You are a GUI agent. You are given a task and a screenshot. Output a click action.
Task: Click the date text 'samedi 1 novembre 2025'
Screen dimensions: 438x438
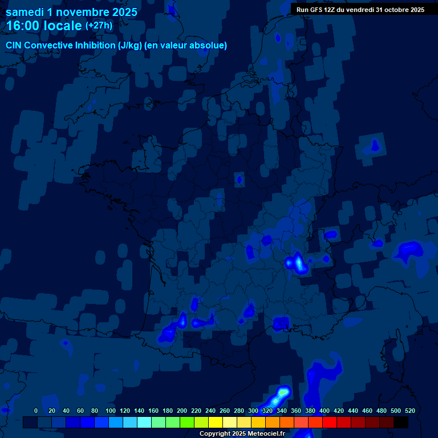[x=71, y=12]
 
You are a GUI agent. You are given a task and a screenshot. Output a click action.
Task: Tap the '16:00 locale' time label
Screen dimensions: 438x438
[x=44, y=26]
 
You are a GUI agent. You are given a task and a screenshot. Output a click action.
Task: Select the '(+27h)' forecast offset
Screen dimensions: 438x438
[x=99, y=26]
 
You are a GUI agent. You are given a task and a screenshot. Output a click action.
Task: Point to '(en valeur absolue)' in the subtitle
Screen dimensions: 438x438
[x=186, y=46]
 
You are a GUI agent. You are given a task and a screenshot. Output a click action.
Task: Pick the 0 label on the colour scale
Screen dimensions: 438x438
[x=36, y=411]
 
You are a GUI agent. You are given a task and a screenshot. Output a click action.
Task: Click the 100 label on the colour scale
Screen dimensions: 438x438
[x=111, y=411]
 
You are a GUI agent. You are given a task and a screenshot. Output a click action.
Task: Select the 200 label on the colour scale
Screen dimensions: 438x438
[x=182, y=411]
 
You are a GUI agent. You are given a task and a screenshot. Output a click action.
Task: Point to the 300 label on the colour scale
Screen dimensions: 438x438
[x=253, y=411]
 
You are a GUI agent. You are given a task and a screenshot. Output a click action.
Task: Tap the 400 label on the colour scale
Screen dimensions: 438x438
[x=325, y=411]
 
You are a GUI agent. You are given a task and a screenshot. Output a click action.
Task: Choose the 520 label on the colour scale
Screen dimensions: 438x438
[x=409, y=411]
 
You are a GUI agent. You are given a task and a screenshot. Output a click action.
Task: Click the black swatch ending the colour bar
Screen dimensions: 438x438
[x=401, y=423]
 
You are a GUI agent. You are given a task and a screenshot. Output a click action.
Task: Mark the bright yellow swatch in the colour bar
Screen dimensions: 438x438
[x=216, y=423]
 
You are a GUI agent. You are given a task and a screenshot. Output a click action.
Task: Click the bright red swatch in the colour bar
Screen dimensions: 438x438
[x=330, y=423]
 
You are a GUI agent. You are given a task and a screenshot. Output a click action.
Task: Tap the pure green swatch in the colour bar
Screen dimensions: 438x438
[x=187, y=423]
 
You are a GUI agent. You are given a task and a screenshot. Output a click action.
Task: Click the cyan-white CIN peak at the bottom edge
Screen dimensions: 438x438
[x=283, y=392]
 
